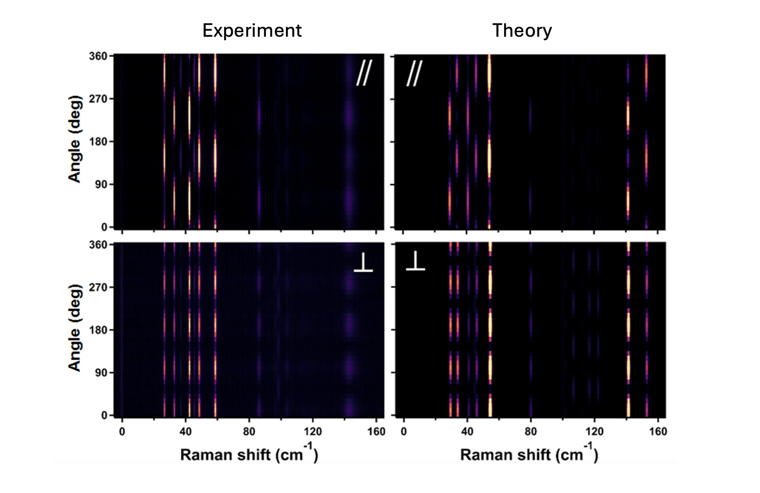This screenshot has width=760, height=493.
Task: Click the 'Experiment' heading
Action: [252, 31]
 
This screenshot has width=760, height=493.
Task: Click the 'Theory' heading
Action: [522, 31]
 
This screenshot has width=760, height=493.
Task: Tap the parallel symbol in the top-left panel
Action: [363, 73]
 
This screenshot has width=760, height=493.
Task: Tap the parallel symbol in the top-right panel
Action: [414, 73]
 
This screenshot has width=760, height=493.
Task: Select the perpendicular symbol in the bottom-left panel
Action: [363, 263]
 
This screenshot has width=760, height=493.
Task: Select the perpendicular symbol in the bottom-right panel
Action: [415, 261]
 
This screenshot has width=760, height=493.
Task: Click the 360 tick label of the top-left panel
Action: [98, 56]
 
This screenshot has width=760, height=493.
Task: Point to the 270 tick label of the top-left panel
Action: [98, 99]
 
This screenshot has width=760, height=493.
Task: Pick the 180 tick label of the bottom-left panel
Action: [98, 330]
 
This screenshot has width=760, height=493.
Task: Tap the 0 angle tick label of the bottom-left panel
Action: [104, 416]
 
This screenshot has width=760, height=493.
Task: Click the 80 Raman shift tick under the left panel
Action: [249, 432]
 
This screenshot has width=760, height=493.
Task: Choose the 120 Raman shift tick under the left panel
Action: [313, 432]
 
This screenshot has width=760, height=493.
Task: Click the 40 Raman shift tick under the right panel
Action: [467, 432]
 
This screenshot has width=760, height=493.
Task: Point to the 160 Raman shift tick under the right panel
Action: [658, 432]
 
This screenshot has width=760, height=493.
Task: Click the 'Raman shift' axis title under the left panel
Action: [249, 454]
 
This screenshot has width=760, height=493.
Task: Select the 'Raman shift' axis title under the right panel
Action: [529, 454]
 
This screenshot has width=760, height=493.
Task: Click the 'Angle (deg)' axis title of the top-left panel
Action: [75, 138]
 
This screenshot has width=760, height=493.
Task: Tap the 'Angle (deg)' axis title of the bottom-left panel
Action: [75, 327]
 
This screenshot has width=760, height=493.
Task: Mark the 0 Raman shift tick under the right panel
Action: [404, 432]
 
